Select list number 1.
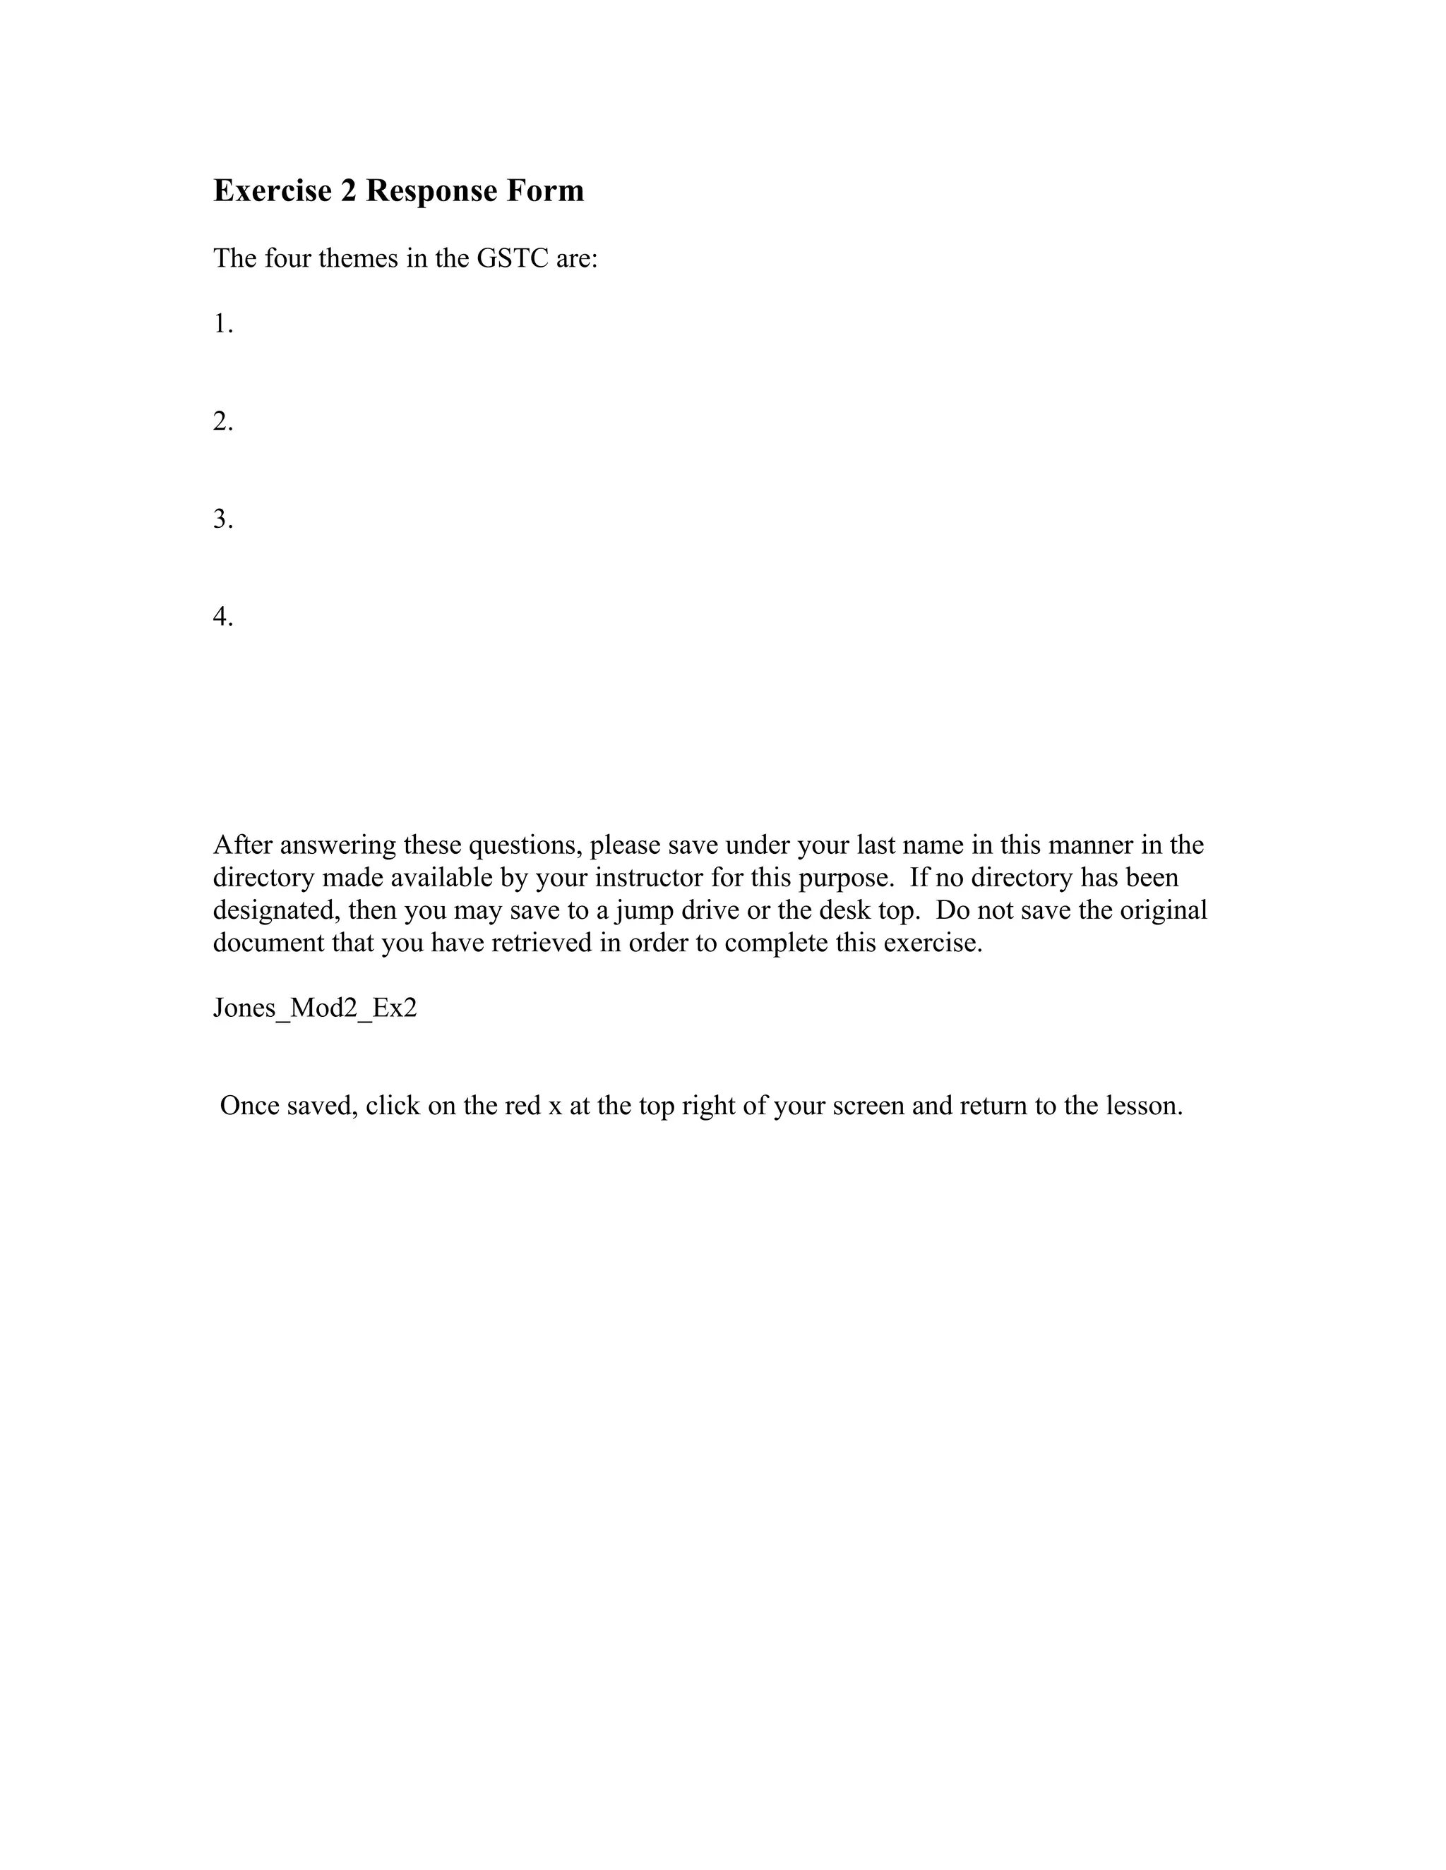click(x=222, y=324)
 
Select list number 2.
click(x=222, y=421)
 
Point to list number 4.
click(x=222, y=617)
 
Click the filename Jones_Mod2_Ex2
click(x=314, y=1008)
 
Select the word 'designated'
click(x=276, y=910)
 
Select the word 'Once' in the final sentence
click(x=249, y=1105)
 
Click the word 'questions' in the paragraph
click(x=525, y=846)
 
